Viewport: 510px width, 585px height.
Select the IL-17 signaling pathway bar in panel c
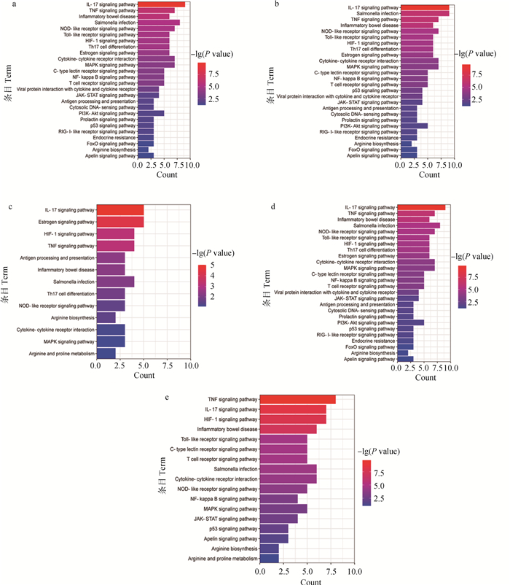[119, 210]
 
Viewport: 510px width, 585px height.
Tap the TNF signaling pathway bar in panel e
[298, 398]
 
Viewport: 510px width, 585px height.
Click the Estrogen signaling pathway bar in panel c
[119, 222]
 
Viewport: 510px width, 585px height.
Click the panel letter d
[272, 206]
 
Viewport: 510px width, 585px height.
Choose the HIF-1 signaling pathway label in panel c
[68, 233]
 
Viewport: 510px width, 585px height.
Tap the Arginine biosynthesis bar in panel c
[106, 317]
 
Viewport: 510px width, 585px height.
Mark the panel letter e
[169, 398]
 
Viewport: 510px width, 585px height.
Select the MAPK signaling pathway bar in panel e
[284, 509]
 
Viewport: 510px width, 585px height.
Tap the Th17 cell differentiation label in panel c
[68, 293]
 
